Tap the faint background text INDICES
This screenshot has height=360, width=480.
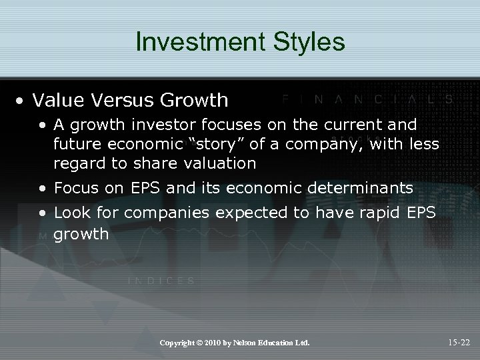pos(161,281)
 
